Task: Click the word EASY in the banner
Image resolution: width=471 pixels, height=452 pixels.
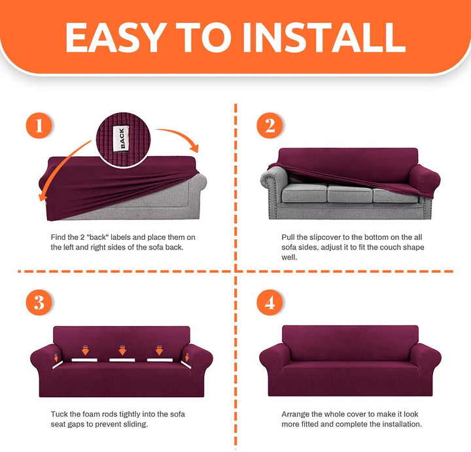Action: tap(116, 37)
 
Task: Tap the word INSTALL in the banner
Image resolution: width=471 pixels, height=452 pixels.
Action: tap(324, 37)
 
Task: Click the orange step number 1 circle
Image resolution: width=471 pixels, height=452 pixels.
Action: tap(39, 125)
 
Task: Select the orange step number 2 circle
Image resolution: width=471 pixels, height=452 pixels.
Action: tap(270, 125)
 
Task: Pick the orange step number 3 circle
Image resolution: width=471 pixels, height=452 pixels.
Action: tap(39, 302)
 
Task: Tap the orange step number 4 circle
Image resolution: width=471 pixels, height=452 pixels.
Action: tap(270, 302)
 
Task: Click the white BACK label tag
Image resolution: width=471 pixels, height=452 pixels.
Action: tap(121, 138)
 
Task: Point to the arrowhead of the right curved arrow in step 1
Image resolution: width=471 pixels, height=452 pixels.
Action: tap(195, 148)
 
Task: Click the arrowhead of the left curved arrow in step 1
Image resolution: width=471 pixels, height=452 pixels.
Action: tap(43, 197)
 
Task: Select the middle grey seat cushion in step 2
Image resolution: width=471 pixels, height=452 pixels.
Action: tap(350, 193)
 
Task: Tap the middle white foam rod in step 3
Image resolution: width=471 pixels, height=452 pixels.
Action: tap(122, 360)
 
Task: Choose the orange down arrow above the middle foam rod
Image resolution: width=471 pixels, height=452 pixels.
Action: tap(122, 350)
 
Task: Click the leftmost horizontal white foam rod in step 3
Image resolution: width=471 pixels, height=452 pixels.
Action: tap(84, 360)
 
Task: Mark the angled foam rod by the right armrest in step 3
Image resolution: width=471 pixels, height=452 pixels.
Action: tap(186, 364)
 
